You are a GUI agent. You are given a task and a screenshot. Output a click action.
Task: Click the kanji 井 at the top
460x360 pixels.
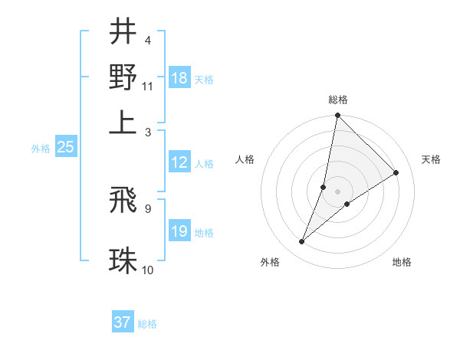123,33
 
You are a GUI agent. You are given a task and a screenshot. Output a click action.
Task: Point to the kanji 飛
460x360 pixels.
123,200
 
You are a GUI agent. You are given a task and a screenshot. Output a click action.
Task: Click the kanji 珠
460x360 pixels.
123,260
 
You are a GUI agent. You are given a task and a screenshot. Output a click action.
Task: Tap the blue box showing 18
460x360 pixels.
179,77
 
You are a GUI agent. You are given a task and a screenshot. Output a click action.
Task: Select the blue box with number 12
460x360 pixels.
179,162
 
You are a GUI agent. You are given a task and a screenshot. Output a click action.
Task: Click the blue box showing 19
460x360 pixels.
179,231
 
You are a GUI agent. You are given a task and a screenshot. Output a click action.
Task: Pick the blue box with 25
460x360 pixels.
65,147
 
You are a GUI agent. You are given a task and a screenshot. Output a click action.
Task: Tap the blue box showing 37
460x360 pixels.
123,322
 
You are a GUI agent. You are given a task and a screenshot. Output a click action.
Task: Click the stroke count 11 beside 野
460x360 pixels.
148,85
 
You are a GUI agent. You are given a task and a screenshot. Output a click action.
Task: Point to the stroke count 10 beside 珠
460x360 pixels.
148,270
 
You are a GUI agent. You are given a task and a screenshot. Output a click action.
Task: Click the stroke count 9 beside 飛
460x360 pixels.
147,208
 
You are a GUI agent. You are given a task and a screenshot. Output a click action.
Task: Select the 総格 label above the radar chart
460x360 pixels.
338,100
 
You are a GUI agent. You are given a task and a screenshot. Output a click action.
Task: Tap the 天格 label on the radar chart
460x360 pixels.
431,159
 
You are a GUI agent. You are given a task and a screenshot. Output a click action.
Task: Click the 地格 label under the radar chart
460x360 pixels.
402,263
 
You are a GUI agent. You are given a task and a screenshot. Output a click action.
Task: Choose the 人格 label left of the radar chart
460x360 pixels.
245,159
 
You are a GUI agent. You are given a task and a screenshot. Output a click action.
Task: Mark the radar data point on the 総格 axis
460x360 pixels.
337,116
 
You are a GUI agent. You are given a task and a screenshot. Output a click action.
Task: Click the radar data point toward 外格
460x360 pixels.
302,242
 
